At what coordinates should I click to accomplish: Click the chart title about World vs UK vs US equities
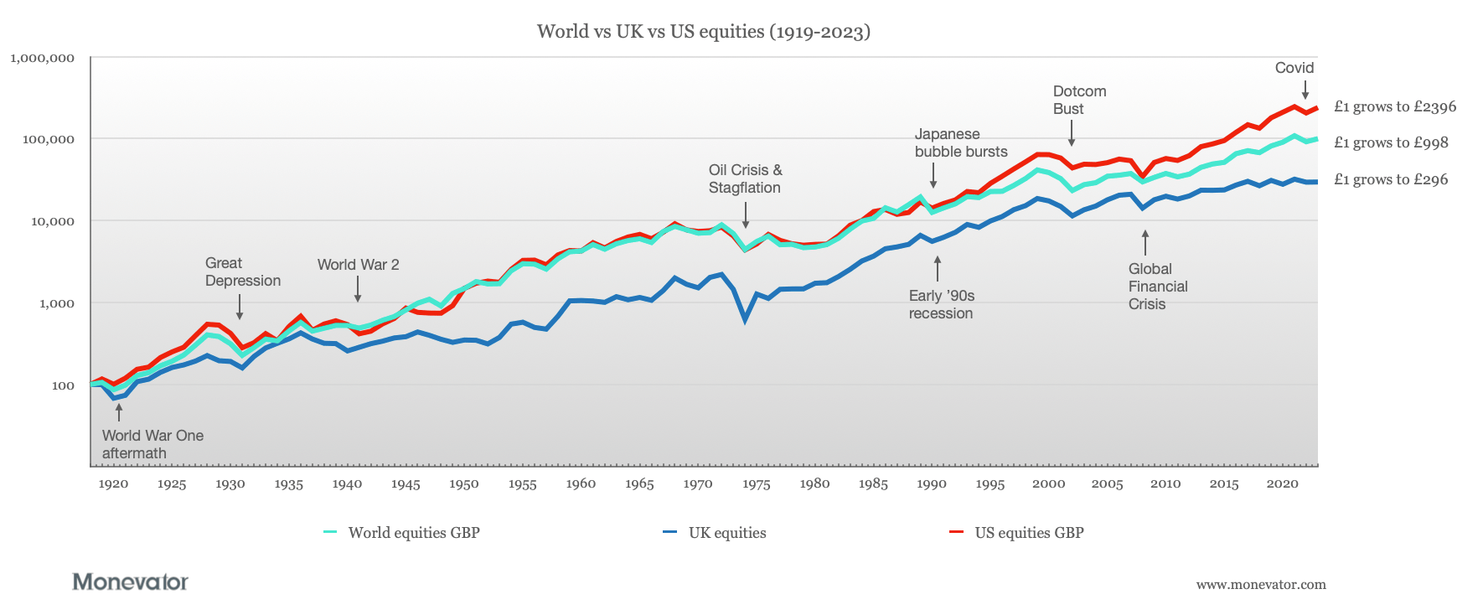coord(703,32)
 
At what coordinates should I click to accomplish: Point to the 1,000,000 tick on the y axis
coord(42,58)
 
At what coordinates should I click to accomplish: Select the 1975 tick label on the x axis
coord(756,484)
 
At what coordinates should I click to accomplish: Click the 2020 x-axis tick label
coord(1282,484)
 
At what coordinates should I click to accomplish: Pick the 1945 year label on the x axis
coord(405,484)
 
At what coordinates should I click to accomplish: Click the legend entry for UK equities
coord(726,533)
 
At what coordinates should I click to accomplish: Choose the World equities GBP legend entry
coord(413,533)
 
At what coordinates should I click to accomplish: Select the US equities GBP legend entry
coord(1028,533)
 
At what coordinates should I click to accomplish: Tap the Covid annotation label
coord(1294,68)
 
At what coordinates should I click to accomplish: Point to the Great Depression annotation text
coord(242,272)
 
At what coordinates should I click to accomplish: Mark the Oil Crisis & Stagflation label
coord(745,179)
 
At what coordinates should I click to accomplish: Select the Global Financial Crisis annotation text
coord(1157,287)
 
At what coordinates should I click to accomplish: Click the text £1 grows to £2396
coord(1394,106)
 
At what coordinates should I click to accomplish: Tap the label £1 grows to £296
coord(1390,179)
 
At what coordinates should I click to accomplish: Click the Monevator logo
coord(130,581)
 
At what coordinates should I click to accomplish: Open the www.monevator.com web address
coord(1260,585)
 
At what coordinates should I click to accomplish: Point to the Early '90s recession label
coord(941,304)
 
